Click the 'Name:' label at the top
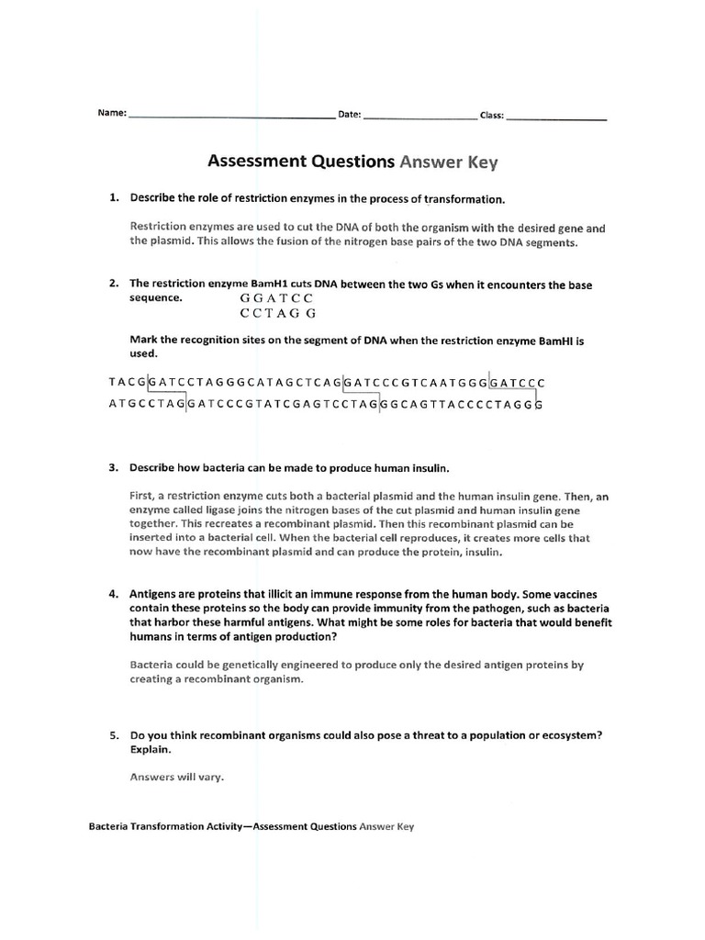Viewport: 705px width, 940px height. click(112, 115)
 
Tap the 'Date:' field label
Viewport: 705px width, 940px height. click(350, 116)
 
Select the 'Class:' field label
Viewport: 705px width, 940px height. click(491, 116)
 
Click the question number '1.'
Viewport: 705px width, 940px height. click(115, 198)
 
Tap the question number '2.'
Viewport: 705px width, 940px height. click(115, 285)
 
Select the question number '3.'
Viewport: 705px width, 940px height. click(115, 468)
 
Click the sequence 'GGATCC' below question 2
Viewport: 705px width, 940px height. click(276, 299)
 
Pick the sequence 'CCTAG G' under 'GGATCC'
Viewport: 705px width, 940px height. click(277, 314)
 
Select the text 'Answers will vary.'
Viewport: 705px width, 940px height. click(177, 777)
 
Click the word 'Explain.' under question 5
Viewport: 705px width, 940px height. click(151, 750)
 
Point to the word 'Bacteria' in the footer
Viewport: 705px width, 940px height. click(109, 826)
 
